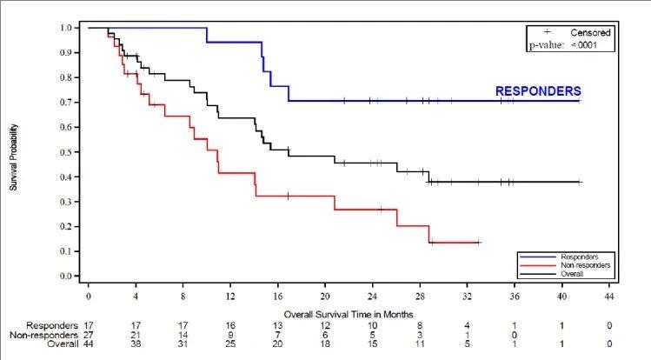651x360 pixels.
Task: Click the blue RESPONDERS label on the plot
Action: coord(538,90)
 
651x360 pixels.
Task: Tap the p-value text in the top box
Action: coord(571,43)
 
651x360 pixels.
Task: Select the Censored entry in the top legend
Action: coord(591,32)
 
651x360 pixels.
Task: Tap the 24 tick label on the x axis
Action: coord(372,297)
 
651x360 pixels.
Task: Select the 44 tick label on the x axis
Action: coord(609,297)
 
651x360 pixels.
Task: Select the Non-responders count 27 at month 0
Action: coord(89,335)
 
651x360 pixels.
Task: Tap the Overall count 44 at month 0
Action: coord(89,344)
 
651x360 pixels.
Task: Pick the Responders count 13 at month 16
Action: coord(277,325)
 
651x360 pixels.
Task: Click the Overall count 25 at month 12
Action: coord(230,344)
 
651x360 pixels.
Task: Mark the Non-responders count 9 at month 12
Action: coord(230,335)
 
